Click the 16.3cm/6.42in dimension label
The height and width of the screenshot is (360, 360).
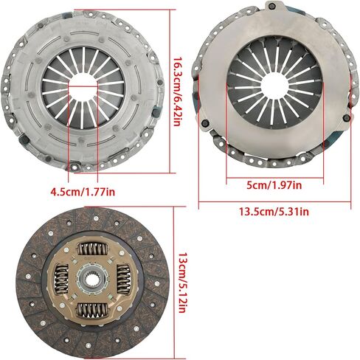179,92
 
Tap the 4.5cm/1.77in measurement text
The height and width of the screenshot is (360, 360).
83,192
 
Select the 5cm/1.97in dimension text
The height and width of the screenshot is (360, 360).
274,185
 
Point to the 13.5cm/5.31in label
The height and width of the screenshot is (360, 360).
274,212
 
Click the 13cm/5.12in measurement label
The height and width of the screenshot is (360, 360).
182,283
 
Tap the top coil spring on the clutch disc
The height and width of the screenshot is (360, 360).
92,249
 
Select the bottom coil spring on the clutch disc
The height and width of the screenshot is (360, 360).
92,310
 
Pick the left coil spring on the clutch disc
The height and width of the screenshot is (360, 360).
61,280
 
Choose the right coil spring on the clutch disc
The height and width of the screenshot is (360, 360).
123,279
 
